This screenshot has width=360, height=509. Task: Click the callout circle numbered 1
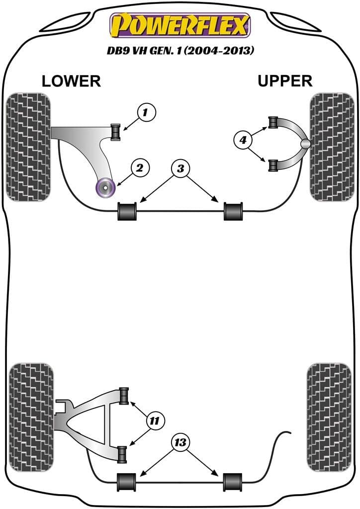145,113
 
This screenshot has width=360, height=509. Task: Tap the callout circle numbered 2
140,169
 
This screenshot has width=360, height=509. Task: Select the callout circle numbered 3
180,169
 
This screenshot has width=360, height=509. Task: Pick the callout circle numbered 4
243,141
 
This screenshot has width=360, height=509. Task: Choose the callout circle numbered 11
155,421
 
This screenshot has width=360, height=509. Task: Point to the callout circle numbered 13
180,442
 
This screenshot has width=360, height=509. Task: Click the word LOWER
71,81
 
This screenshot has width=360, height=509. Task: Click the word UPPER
285,81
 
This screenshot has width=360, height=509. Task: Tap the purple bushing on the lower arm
105,187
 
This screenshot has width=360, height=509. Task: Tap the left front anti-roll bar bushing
127,211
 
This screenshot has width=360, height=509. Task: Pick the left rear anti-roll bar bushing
127,481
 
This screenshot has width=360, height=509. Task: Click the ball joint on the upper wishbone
305,144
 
